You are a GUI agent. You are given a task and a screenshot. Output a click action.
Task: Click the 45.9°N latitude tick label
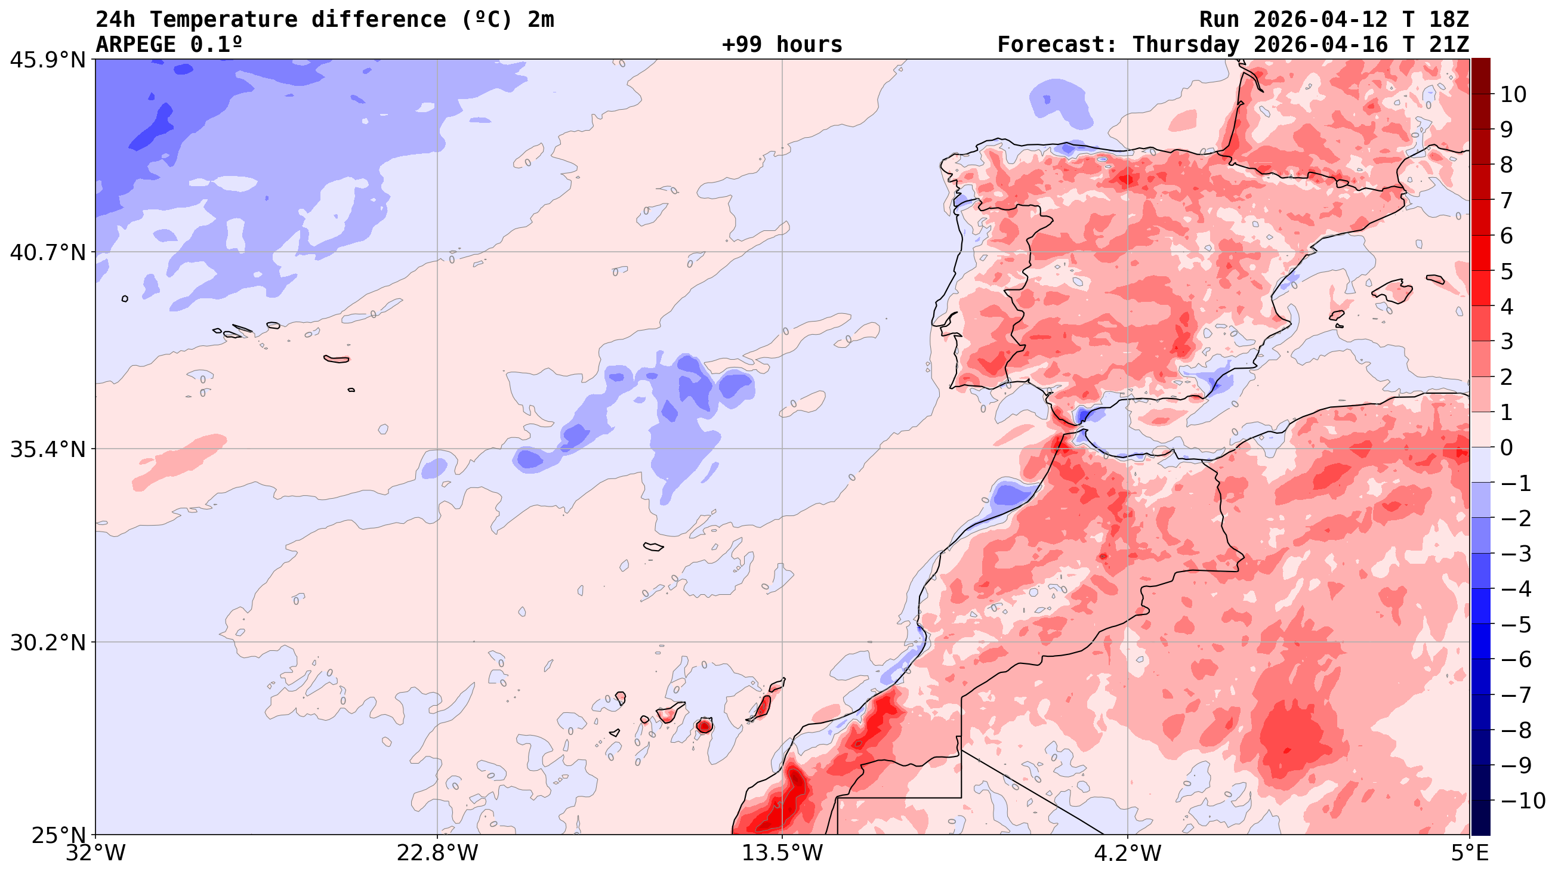48,60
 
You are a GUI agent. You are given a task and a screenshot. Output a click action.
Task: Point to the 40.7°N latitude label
48,252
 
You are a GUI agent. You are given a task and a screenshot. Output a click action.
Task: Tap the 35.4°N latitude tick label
48,449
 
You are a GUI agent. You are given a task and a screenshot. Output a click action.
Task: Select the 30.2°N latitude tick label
48,643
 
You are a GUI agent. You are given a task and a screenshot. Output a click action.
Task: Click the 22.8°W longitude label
437,854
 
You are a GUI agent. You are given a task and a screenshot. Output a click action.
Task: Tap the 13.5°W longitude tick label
782,854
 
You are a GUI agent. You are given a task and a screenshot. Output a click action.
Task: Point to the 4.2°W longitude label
1128,854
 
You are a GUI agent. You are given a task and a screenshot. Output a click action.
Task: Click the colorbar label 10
1513,94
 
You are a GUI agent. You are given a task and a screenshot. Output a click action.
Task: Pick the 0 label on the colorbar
1506,448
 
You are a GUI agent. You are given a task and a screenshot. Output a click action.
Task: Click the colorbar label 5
1506,271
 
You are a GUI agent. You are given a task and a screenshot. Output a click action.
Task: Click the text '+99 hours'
782,45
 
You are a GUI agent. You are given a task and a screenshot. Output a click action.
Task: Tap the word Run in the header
1219,19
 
